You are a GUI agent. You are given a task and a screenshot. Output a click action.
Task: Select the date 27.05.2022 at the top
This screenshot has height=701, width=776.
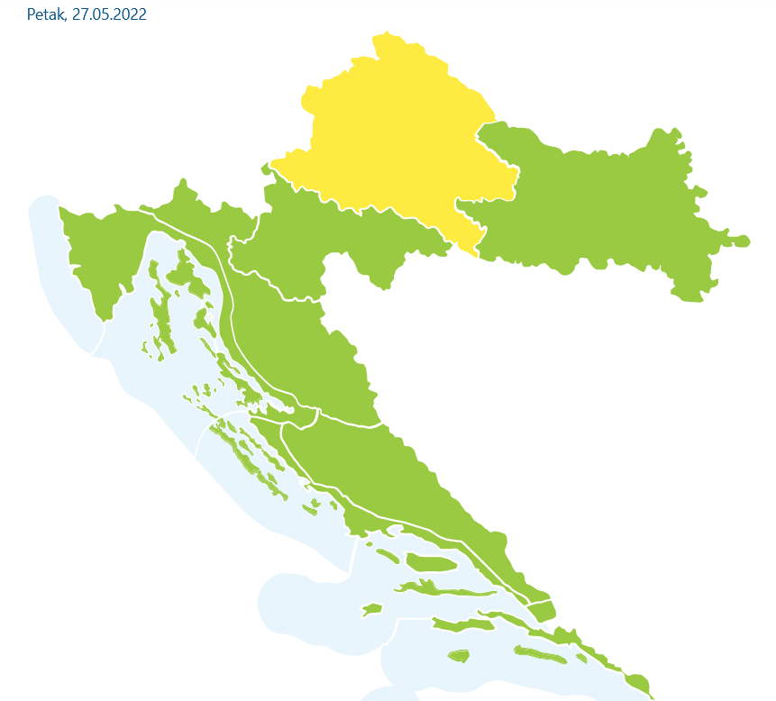[109, 15]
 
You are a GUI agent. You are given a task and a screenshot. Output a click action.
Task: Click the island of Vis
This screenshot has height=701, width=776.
[372, 611]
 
